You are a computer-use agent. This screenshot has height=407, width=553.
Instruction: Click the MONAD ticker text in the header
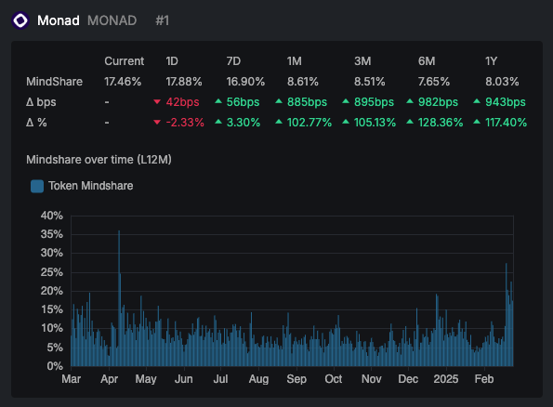coord(112,20)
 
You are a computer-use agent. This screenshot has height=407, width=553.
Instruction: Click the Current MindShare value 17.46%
coord(123,81)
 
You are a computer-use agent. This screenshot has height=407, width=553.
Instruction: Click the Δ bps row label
coord(43,101)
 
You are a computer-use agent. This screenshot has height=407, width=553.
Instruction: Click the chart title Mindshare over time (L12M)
coord(98,160)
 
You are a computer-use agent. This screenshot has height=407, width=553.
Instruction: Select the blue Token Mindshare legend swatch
coord(37,186)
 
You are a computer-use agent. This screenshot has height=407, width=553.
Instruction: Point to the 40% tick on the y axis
coord(51,215)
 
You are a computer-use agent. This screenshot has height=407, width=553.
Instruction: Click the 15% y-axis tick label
coord(51,309)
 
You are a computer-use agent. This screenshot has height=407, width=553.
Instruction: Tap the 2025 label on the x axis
coord(446,379)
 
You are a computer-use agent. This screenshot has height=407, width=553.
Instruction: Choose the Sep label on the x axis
coord(296,379)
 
